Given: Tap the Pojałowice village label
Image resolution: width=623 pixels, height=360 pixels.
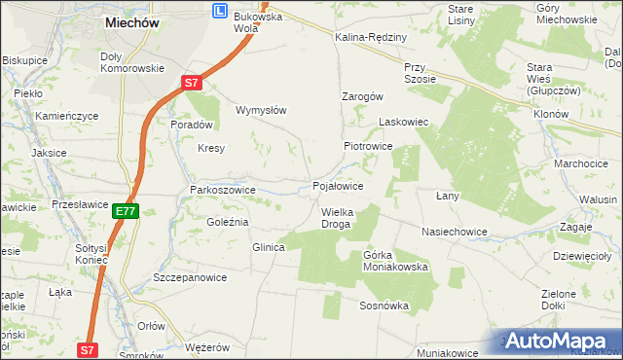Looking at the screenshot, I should click(x=338, y=185).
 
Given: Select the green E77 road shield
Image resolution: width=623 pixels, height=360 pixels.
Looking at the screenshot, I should click(x=125, y=210).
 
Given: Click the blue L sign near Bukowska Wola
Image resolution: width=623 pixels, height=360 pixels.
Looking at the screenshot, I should click(x=220, y=10).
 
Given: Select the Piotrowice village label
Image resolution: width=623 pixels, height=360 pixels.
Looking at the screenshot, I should click(x=367, y=146).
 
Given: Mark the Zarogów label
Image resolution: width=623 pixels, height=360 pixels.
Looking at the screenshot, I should click(x=362, y=96).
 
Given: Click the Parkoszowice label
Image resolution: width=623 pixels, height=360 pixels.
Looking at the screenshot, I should click(x=223, y=190).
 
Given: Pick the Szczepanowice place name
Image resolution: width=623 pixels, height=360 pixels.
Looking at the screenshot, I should click(x=190, y=277).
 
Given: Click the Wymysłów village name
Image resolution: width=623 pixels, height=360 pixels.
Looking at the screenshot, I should click(x=261, y=110).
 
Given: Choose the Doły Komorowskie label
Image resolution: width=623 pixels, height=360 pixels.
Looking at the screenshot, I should click(x=132, y=62).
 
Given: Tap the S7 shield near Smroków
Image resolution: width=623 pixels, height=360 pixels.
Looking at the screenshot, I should click(x=88, y=349).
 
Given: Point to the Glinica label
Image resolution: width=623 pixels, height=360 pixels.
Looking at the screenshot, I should click(x=268, y=247).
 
